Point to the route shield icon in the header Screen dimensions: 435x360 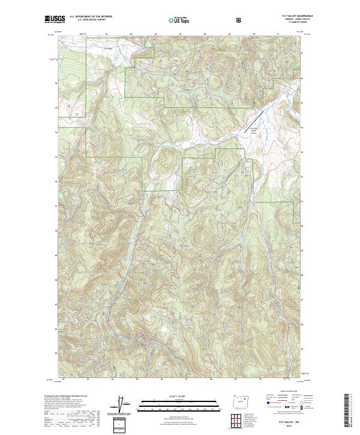click(240, 20)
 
